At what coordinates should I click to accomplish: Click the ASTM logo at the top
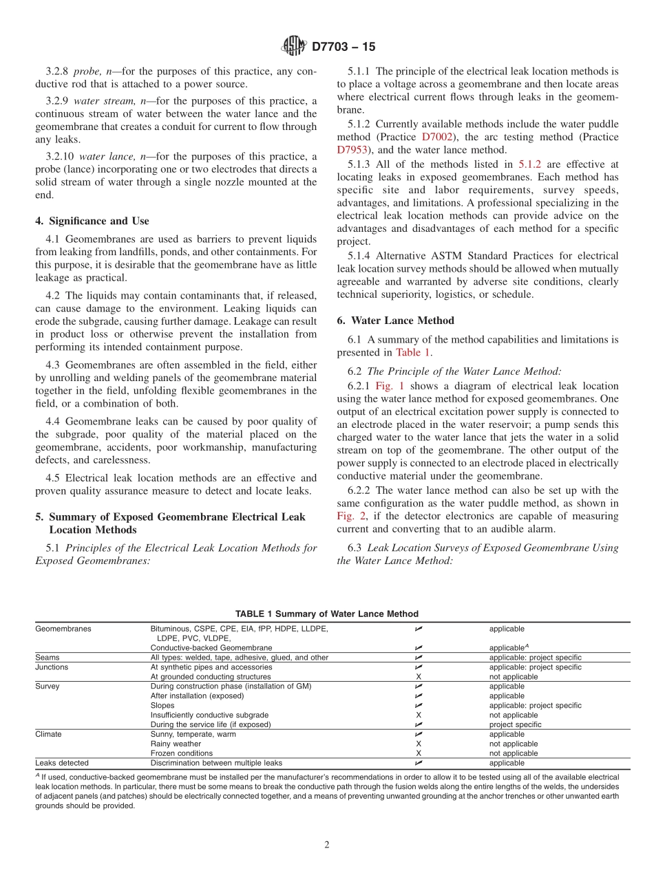294,47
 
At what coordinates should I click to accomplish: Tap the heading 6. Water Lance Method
394,320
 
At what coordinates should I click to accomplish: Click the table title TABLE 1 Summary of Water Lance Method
326,614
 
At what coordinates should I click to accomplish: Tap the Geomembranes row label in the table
63,629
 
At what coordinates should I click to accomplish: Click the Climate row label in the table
48,734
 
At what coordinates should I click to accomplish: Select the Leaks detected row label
62,763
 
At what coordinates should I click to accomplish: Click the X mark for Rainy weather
419,744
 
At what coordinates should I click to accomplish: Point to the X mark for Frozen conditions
419,753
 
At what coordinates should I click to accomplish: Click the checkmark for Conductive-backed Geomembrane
419,648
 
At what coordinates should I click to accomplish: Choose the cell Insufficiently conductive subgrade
209,715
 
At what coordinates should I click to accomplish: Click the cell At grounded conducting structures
211,677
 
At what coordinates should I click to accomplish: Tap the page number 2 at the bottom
327,845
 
